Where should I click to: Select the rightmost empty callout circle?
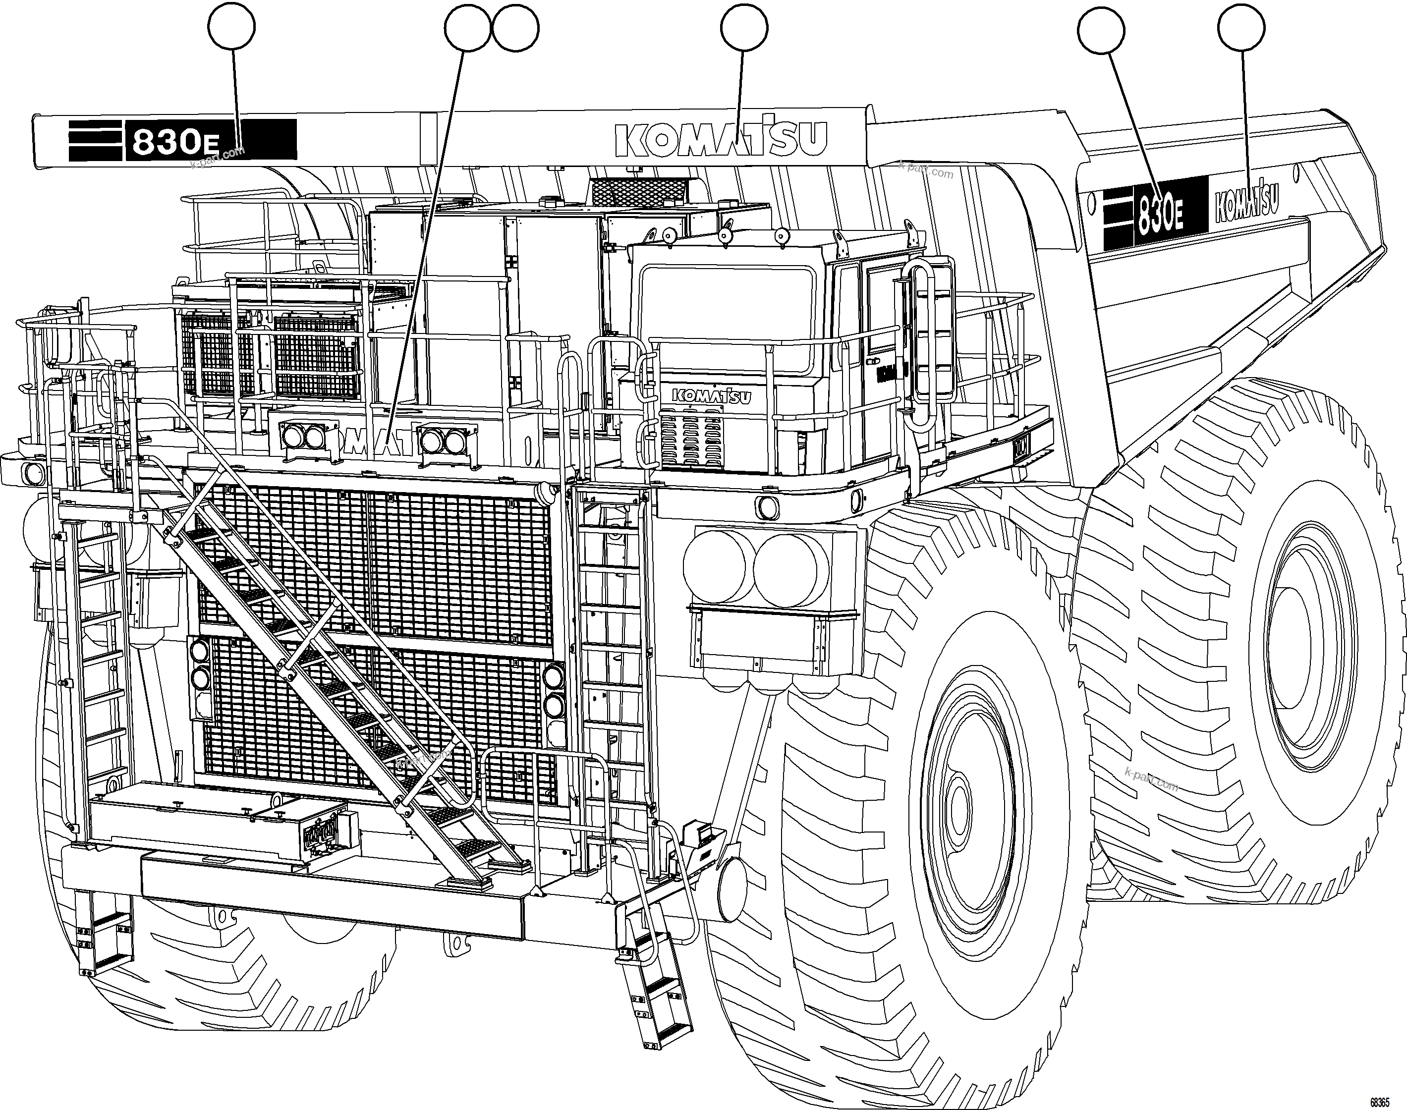[x=1240, y=27]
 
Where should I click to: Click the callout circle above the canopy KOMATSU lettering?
[x=743, y=27]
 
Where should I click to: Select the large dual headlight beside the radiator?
[x=754, y=564]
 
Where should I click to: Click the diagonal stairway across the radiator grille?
[x=338, y=682]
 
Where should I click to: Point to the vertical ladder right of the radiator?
[x=611, y=650]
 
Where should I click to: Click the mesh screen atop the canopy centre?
[x=637, y=190]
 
